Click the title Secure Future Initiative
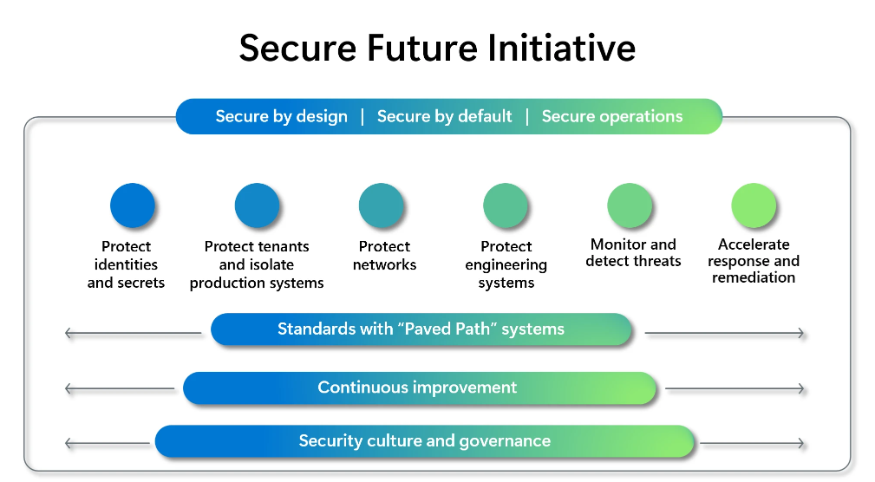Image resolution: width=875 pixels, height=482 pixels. (437, 48)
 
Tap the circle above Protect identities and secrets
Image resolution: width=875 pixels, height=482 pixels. (133, 205)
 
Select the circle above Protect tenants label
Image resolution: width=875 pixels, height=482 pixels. (257, 205)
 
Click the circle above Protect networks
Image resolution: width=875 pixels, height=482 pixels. (382, 205)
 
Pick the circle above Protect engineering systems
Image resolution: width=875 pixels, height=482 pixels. (506, 205)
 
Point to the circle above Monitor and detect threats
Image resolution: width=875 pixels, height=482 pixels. (630, 205)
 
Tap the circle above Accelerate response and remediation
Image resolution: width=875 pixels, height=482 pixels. (754, 205)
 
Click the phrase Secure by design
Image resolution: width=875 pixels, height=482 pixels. (281, 116)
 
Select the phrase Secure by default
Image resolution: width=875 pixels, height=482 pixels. (444, 116)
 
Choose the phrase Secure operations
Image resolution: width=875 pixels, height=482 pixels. (612, 116)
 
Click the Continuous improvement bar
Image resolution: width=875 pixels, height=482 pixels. (420, 388)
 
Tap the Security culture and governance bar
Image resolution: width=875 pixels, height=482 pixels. (425, 440)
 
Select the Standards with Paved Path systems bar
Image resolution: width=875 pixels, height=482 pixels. (421, 329)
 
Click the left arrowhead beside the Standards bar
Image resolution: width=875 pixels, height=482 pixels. (69, 333)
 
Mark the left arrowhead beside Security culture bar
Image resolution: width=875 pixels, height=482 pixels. (69, 444)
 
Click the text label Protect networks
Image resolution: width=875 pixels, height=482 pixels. (384, 256)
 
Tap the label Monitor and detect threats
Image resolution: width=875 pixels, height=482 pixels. (633, 252)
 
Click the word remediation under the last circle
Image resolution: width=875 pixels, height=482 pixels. (754, 277)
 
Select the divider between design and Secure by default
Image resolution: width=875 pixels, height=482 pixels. (362, 116)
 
